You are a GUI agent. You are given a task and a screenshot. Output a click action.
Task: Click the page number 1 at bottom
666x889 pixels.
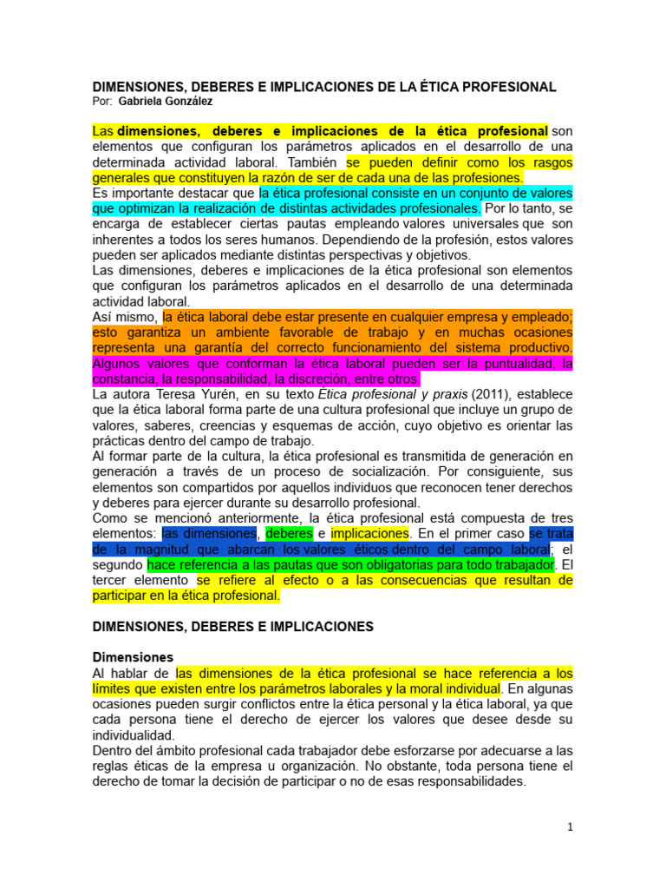[570, 827]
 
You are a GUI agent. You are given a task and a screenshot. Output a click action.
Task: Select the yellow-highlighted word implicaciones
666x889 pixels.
[369, 533]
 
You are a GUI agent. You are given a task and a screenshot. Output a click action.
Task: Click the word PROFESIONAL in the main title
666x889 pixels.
[501, 87]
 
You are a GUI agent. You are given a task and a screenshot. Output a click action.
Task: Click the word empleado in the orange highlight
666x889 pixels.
[541, 317]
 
